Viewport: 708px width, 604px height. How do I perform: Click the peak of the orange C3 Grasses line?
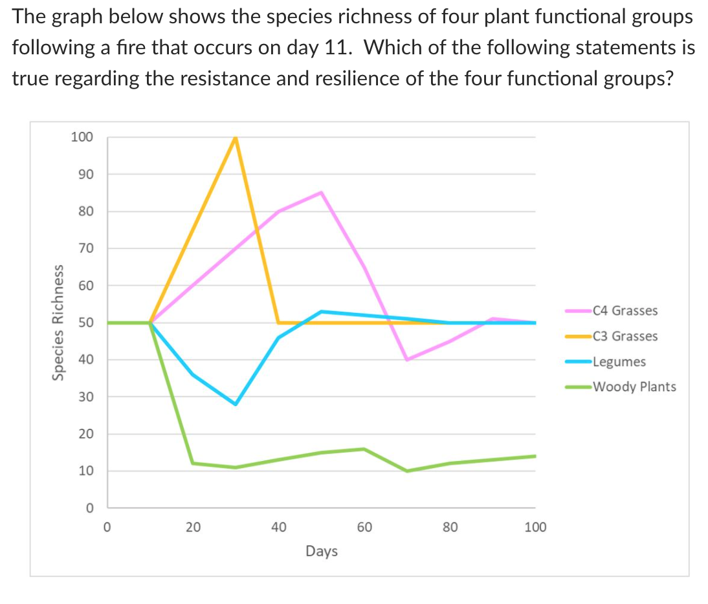pyautogui.click(x=236, y=138)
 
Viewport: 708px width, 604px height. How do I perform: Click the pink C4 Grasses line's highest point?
pyautogui.click(x=321, y=193)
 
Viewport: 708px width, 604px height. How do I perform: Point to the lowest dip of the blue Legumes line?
pyautogui.click(x=236, y=404)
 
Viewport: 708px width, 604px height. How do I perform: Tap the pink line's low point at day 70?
pyautogui.click(x=406, y=360)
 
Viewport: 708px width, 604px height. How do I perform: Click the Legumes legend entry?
pyautogui.click(x=619, y=361)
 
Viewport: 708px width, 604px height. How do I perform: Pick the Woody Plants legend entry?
pyautogui.click(x=634, y=387)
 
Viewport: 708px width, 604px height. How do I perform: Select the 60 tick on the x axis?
pyautogui.click(x=364, y=527)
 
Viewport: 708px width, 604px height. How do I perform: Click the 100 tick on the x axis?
pyautogui.click(x=535, y=527)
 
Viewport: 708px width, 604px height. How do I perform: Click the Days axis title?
pyautogui.click(x=321, y=552)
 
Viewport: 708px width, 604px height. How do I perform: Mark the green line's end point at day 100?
pyautogui.click(x=535, y=456)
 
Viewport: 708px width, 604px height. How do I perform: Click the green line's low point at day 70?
pyautogui.click(x=407, y=471)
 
